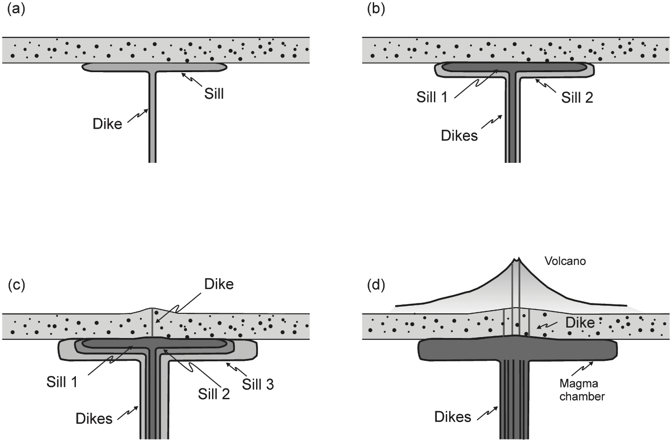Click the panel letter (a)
pyautogui.click(x=16, y=9)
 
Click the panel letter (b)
pyautogui.click(x=376, y=9)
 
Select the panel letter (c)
pyautogui.click(x=16, y=285)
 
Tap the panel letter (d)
pyautogui.click(x=376, y=285)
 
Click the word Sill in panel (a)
pyautogui.click(x=214, y=94)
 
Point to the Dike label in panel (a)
pyautogui.click(x=107, y=124)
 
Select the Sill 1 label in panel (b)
pyautogui.click(x=432, y=97)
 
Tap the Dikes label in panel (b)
pyautogui.click(x=459, y=136)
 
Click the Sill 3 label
pyautogui.click(x=258, y=385)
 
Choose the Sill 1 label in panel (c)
pyautogui.click(x=62, y=382)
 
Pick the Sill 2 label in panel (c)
pyautogui.click(x=214, y=394)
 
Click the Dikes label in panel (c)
pyautogui.click(x=94, y=419)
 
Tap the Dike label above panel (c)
pyautogui.click(x=219, y=284)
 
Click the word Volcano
pyautogui.click(x=565, y=261)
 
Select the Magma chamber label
pyautogui.click(x=582, y=390)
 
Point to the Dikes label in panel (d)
pyautogui.click(x=453, y=417)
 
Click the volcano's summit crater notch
pyautogui.click(x=516, y=259)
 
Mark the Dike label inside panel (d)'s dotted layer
pyautogui.click(x=580, y=323)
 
